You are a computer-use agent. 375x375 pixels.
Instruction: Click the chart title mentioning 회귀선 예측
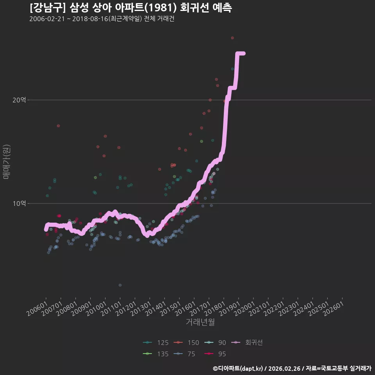pos(130,8)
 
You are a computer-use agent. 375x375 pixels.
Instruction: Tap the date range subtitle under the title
pos(102,19)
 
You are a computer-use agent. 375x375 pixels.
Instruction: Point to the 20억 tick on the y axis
pos(19,100)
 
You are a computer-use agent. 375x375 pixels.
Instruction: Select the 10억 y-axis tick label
pos(19,204)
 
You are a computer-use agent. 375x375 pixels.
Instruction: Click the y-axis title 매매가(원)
pos(6,162)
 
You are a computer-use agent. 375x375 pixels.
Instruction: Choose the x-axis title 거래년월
pos(200,322)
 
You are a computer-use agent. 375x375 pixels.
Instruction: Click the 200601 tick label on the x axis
pos(36,308)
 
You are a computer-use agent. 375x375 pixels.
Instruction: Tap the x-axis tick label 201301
pos(140,308)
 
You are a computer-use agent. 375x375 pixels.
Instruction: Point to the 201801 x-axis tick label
pos(214,308)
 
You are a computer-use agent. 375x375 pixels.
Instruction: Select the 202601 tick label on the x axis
pos(333,308)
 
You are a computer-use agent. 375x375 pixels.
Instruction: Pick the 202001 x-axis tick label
pos(244,308)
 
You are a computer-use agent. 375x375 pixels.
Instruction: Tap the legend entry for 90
pos(215,343)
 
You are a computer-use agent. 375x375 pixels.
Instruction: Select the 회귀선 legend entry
pos(247,343)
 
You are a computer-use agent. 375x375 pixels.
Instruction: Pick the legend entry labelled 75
pos(184,354)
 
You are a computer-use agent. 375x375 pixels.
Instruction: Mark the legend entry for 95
pos(215,354)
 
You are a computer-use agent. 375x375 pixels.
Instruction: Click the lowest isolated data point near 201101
pos(120,285)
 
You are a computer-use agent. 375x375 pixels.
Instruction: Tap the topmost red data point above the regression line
pos(232,38)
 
